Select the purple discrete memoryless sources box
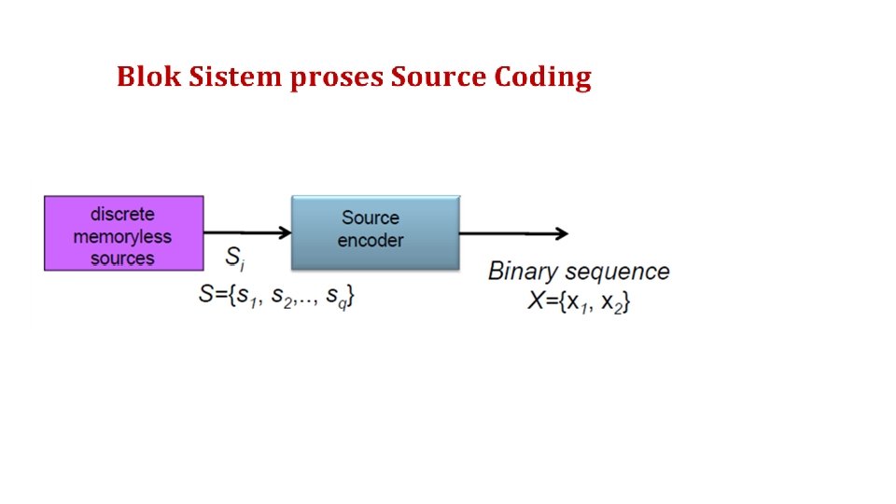click(123, 233)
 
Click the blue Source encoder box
click(375, 232)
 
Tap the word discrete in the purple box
click(122, 214)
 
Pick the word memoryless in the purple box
click(122, 236)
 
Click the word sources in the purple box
click(122, 258)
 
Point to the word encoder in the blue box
click(371, 241)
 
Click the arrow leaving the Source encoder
click(512, 232)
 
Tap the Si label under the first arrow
click(236, 257)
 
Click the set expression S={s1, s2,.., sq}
click(277, 295)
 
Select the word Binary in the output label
click(524, 273)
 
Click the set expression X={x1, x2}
click(579, 302)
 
